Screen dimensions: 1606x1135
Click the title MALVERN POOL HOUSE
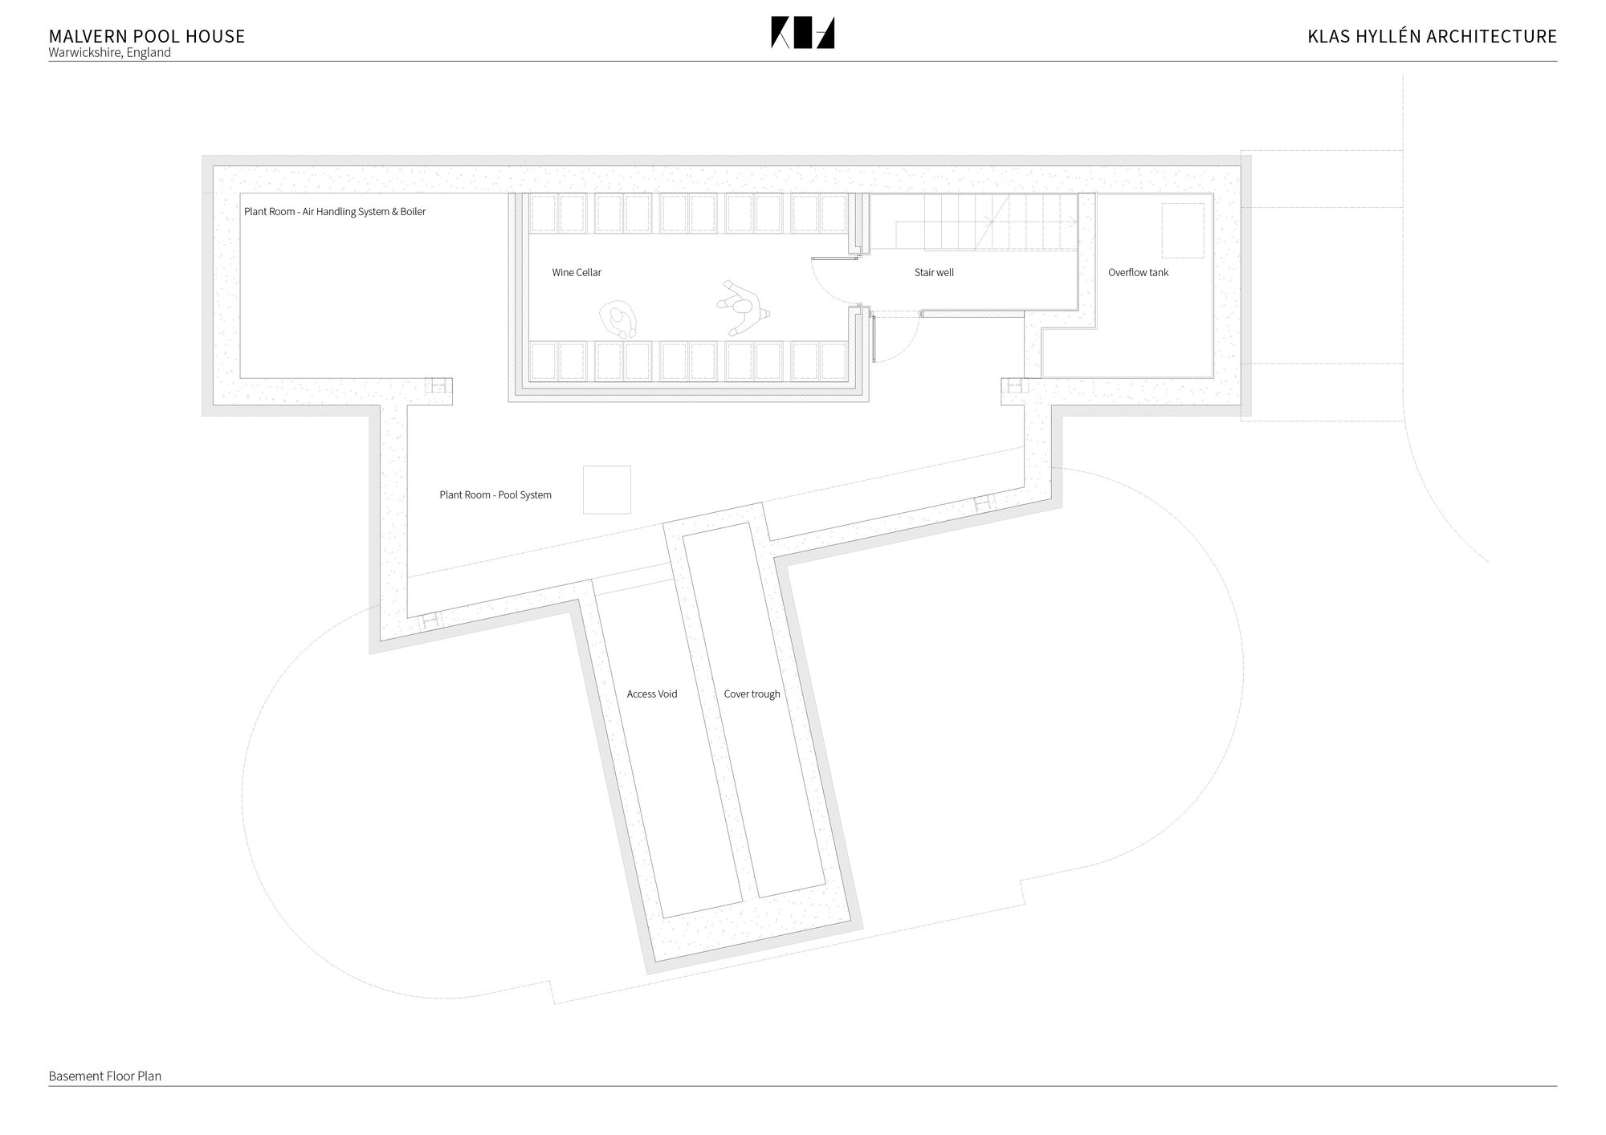point(147,36)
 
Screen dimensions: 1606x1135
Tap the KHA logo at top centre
point(802,33)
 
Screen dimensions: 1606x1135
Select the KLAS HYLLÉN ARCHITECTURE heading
point(1432,36)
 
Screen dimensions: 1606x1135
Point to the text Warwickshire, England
point(109,53)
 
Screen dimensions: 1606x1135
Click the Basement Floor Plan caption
point(104,1076)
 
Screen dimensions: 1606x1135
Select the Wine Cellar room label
point(577,273)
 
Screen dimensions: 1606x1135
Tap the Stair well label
point(934,273)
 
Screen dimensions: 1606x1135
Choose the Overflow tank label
point(1138,273)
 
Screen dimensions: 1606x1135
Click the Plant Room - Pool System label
point(495,495)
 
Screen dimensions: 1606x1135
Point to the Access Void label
point(652,694)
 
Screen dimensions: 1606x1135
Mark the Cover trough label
point(752,694)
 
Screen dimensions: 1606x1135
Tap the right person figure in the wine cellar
point(744,307)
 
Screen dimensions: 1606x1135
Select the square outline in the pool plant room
point(606,490)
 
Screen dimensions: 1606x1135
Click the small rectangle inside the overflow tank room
point(1183,230)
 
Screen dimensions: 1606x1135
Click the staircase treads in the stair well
point(987,222)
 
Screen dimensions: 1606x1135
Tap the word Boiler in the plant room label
point(413,212)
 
